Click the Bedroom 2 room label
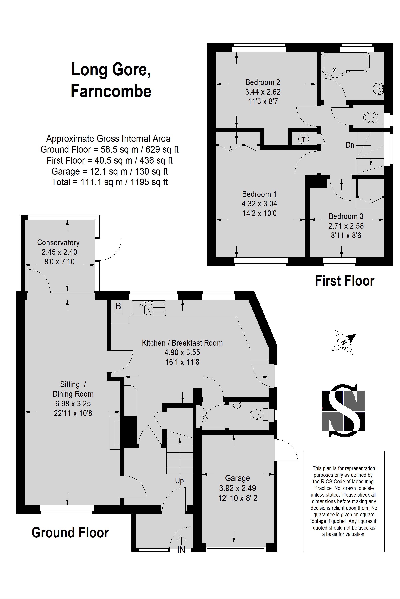pyautogui.click(x=263, y=82)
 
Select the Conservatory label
pyautogui.click(x=58, y=242)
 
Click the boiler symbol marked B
pyautogui.click(x=118, y=306)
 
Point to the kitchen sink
pyautogui.click(x=148, y=308)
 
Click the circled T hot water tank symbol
pyautogui.click(x=303, y=139)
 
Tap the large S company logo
pyautogui.click(x=344, y=410)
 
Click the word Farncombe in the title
pyautogui.click(x=111, y=91)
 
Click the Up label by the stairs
pyautogui.click(x=179, y=481)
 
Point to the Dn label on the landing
pyautogui.click(x=350, y=145)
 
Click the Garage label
pyautogui.click(x=237, y=478)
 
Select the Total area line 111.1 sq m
pyautogui.click(x=109, y=182)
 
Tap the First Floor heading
pyautogui.click(x=344, y=281)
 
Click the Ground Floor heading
pyautogui.click(x=70, y=533)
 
